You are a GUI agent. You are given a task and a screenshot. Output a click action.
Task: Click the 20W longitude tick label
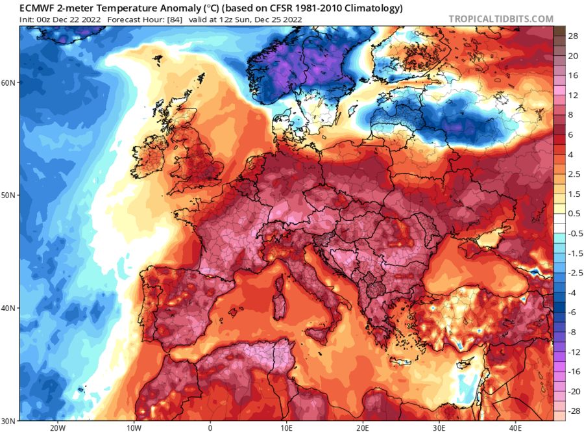(x=58, y=427)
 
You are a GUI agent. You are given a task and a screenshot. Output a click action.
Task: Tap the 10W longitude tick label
(x=134, y=427)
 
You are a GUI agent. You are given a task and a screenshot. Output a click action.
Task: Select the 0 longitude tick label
(x=210, y=427)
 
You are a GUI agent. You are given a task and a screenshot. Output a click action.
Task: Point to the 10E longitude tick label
(x=287, y=427)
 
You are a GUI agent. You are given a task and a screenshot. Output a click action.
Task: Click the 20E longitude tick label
(x=363, y=427)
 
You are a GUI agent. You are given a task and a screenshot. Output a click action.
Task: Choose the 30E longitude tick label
(x=439, y=427)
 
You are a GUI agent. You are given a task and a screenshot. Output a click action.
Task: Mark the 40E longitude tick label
(x=515, y=427)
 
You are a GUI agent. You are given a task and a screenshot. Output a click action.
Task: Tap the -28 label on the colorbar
(x=574, y=412)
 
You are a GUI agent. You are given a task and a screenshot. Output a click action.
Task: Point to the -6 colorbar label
(x=574, y=312)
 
